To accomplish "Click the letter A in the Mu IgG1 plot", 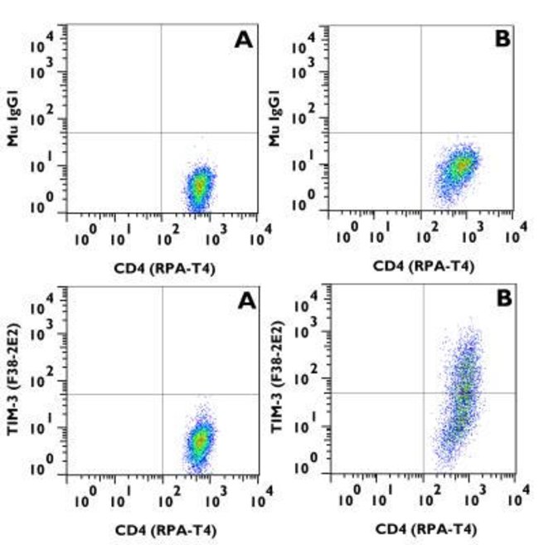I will coord(243,40).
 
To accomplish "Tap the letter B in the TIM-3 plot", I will coord(503,299).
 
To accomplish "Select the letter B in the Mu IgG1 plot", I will coord(503,39).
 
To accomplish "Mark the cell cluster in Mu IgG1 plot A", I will coord(198,186).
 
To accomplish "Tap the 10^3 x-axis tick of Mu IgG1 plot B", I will coord(473,236).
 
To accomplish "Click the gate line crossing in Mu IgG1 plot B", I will coord(421,133).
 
